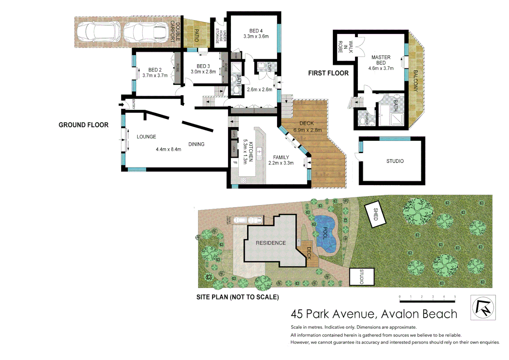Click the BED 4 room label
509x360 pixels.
(x=256, y=31)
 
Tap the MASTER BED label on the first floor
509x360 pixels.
(x=381, y=60)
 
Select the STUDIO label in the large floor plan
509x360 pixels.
(x=395, y=161)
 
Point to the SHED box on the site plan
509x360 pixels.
(x=375, y=214)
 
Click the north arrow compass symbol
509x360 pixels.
(x=483, y=307)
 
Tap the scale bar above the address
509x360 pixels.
(x=427, y=301)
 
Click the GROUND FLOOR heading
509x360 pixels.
(x=83, y=125)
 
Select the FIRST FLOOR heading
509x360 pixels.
(x=328, y=73)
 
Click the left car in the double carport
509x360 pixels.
(x=99, y=32)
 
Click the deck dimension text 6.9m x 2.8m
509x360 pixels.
(x=307, y=130)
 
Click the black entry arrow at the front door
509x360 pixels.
(x=121, y=105)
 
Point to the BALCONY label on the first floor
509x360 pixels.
(x=415, y=81)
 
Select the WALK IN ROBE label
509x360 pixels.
(x=345, y=47)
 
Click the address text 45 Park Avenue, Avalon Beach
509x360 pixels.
(x=374, y=314)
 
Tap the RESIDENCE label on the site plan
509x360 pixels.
(x=270, y=243)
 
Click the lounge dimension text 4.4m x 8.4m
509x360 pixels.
(x=168, y=149)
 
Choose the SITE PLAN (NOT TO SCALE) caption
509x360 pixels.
(x=238, y=297)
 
